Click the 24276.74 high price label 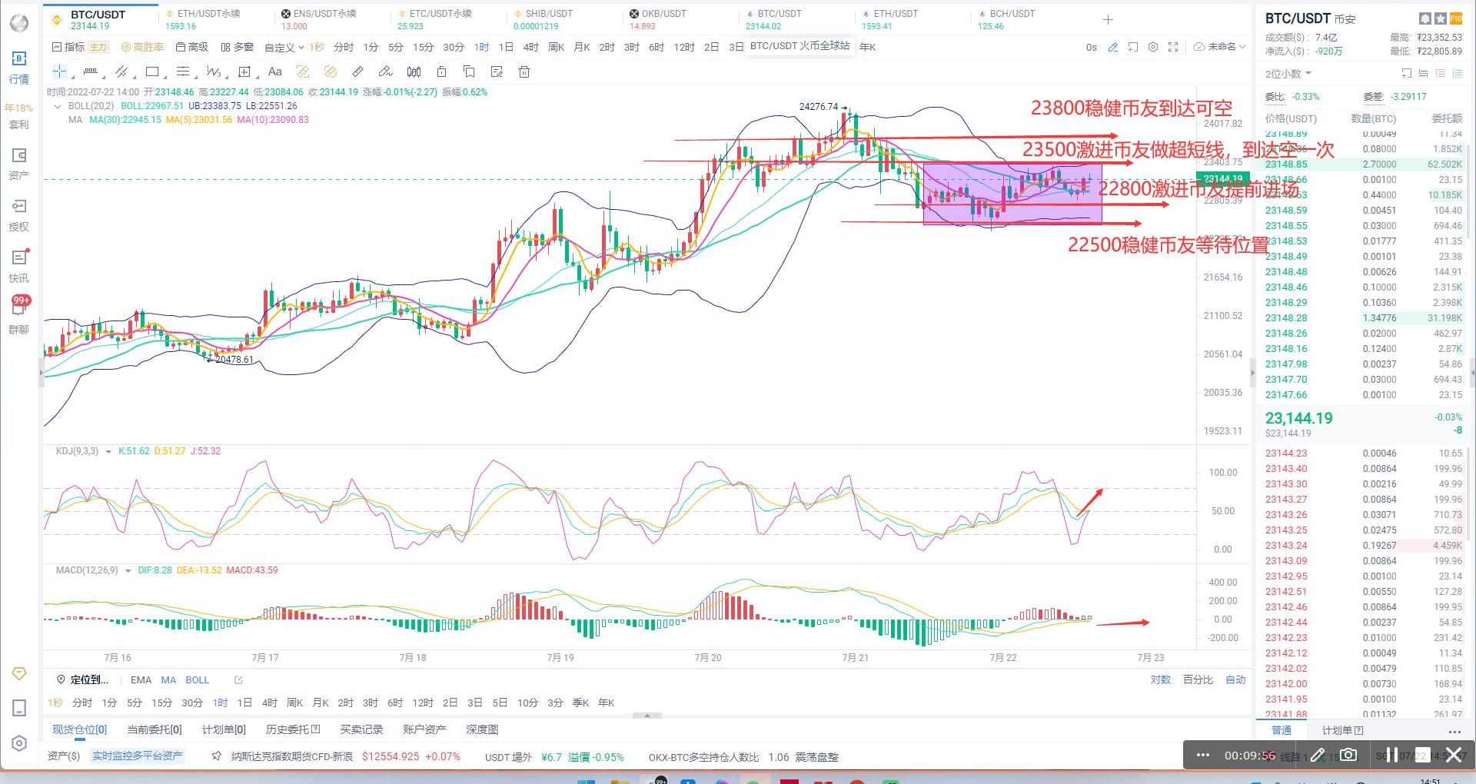click(819, 107)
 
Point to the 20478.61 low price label click(234, 360)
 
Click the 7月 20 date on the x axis click(708, 657)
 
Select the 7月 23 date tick click(1150, 657)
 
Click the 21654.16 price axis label click(1222, 277)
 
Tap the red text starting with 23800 click(1131, 108)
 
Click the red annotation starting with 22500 click(1168, 245)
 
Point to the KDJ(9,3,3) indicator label click(77, 451)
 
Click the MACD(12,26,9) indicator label click(87, 570)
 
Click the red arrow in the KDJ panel click(1090, 501)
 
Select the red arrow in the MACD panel click(1122, 623)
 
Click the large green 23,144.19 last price click(1298, 418)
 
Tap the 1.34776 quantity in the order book click(1379, 318)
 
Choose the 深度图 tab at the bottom click(482, 729)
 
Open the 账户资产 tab click(424, 729)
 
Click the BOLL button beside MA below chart click(197, 680)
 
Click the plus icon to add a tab click(1108, 20)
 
